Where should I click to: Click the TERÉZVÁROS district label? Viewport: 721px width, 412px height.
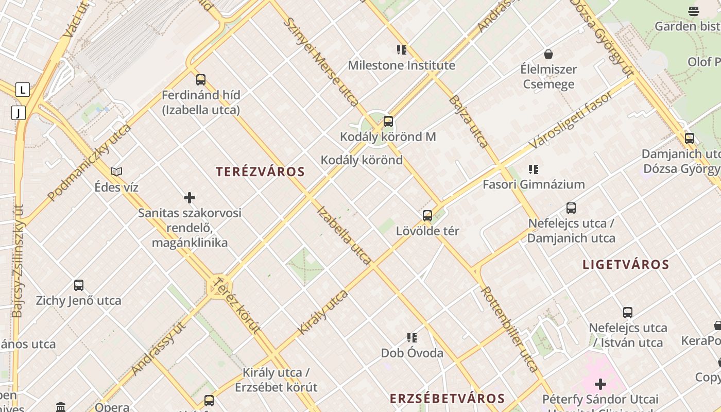click(260, 171)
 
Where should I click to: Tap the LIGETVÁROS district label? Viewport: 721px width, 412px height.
click(625, 265)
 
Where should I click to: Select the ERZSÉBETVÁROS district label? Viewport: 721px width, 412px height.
click(447, 398)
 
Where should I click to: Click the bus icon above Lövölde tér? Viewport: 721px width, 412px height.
click(427, 215)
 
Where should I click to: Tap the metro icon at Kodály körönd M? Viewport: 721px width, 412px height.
click(388, 122)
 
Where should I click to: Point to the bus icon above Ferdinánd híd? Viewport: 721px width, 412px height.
click(201, 80)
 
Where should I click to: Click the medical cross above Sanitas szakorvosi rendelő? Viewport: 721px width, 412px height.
click(190, 197)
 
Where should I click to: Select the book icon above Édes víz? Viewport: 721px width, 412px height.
click(117, 171)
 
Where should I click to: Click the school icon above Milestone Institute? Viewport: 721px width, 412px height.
click(402, 50)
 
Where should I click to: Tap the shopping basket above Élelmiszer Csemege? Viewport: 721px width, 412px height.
click(548, 54)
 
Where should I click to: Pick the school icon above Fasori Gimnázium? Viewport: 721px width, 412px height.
click(534, 169)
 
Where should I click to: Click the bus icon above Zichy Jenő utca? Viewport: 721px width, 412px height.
click(79, 285)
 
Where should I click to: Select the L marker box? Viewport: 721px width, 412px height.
click(22, 90)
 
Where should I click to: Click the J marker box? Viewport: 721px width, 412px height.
click(19, 112)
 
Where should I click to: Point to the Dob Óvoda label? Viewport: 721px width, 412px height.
click(412, 353)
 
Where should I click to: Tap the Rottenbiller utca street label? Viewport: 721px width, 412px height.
click(509, 329)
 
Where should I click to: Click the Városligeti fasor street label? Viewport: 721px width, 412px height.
click(572, 119)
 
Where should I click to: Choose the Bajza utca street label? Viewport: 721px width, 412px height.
click(468, 121)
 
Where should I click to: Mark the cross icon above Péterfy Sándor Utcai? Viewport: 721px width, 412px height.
click(600, 384)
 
